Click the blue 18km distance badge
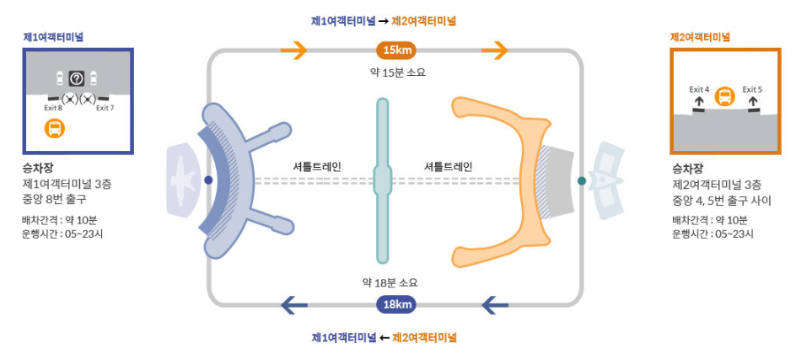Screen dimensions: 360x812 pos(396,304)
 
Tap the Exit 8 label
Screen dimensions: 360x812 pos(53,108)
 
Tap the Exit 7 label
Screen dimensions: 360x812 pos(105,108)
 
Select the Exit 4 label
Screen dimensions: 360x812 pos(699,89)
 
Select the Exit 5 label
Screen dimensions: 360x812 pos(752,89)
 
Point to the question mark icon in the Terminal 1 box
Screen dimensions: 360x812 pos(77,79)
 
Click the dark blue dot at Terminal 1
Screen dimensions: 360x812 pos(208,180)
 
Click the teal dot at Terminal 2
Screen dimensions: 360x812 pos(582,180)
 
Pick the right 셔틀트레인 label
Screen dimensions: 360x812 pos(448,166)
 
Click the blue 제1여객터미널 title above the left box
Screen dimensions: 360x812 pos(53,37)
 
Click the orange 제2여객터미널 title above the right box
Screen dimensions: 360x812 pos(700,37)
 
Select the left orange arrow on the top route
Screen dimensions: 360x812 pos(294,51)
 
